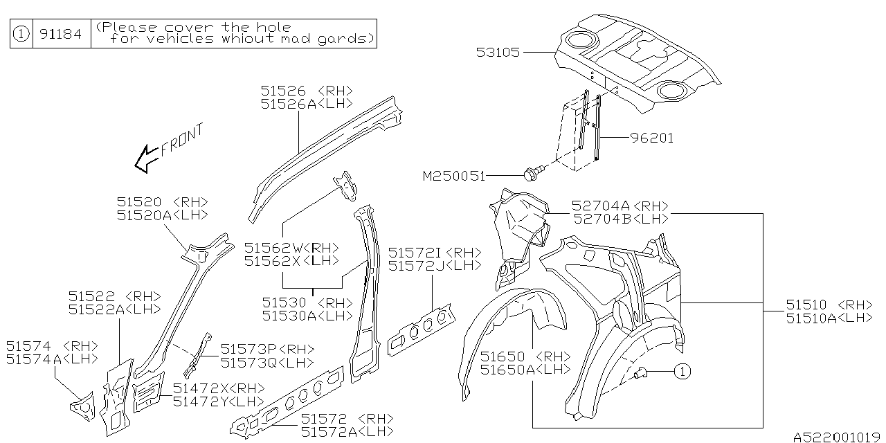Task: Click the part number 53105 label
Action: [x=498, y=52]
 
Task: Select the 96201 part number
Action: [x=651, y=138]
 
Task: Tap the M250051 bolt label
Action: [x=453, y=176]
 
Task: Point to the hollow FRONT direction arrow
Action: [x=145, y=159]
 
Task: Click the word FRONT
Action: [x=182, y=139]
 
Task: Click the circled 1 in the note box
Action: [x=21, y=33]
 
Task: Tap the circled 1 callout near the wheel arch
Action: [x=682, y=372]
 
